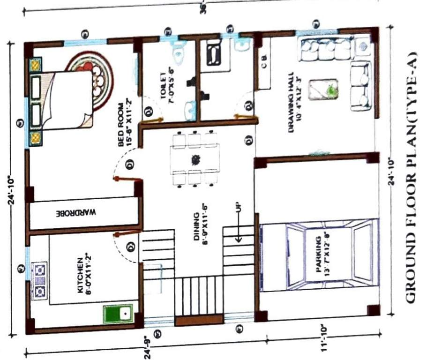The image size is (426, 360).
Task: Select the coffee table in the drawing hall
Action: (x=323, y=89)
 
